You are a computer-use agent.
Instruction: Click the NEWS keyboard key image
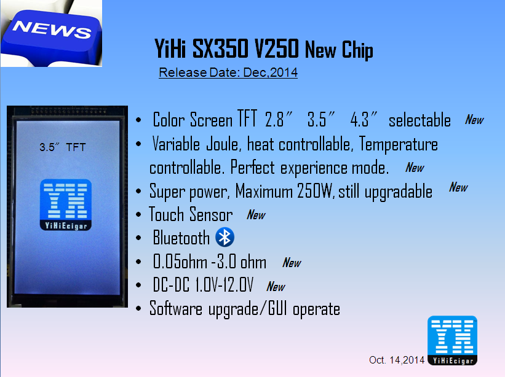click(x=51, y=33)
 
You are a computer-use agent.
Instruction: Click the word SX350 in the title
click(x=220, y=49)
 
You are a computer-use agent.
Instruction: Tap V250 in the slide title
click(x=276, y=49)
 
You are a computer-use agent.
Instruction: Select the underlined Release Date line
click(x=228, y=72)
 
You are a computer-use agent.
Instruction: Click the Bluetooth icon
click(x=225, y=237)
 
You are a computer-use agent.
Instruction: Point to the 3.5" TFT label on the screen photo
click(x=63, y=147)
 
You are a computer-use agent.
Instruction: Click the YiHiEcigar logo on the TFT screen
click(x=66, y=204)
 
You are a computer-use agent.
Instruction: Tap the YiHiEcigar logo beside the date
click(x=452, y=340)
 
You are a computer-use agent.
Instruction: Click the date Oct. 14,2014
click(x=397, y=360)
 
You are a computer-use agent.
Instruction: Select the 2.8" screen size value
click(x=279, y=120)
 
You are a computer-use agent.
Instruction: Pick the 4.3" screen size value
click(x=364, y=120)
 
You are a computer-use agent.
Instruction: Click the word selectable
click(x=420, y=120)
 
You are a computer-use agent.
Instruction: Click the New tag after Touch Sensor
click(x=256, y=215)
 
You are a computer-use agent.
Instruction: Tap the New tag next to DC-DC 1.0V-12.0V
click(x=276, y=286)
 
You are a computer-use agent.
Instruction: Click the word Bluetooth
click(x=181, y=238)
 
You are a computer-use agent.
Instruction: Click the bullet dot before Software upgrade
click(x=138, y=309)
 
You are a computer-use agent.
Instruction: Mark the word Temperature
click(x=399, y=144)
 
